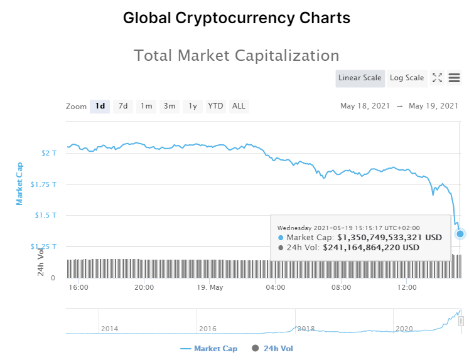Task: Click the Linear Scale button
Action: click(x=360, y=78)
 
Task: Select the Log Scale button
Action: click(x=407, y=78)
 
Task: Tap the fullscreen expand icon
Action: click(x=438, y=78)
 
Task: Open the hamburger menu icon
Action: click(x=454, y=78)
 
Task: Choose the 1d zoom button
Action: click(x=100, y=106)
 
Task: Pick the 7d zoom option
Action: click(x=123, y=106)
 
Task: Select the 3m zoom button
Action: click(x=170, y=106)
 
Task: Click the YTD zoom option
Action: click(x=215, y=106)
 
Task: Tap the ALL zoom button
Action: click(x=239, y=106)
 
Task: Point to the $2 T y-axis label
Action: click(x=48, y=153)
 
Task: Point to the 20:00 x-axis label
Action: click(x=144, y=288)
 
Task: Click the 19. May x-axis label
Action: click(x=210, y=288)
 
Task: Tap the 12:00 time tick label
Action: click(x=407, y=288)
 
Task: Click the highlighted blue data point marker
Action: click(x=460, y=234)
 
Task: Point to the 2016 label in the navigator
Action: click(x=207, y=329)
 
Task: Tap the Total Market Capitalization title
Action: click(x=237, y=55)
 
